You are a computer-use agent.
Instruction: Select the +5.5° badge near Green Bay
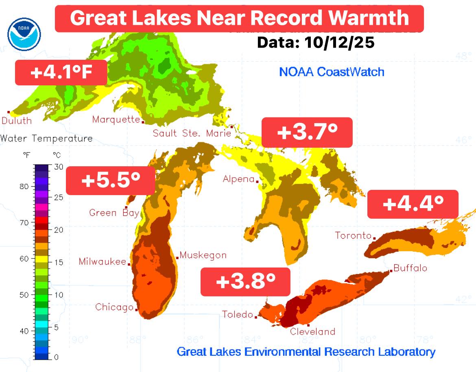point(110,181)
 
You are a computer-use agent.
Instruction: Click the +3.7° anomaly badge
point(307,133)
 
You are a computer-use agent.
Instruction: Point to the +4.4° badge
point(413,204)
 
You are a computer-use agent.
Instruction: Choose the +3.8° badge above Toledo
point(245,281)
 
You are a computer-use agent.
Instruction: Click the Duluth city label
point(17,120)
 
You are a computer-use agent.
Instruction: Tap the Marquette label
point(116,120)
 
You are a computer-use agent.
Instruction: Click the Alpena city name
point(238,179)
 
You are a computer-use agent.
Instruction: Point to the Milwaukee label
point(103,261)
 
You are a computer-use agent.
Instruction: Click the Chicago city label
point(114,307)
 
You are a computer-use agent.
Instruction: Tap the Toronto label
point(353,235)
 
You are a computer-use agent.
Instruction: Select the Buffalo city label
point(410,268)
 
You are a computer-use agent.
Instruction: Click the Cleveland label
point(312,331)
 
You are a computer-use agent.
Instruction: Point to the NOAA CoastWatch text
point(332,72)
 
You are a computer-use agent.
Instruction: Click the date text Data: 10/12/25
point(316,43)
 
